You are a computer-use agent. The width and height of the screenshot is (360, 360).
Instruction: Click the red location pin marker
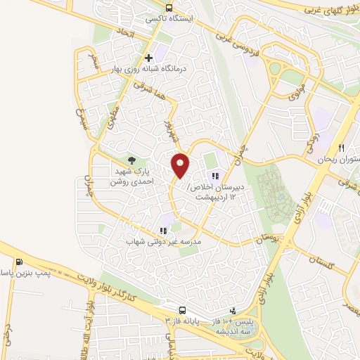181,165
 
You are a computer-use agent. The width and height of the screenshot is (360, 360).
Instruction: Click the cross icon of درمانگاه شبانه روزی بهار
148,58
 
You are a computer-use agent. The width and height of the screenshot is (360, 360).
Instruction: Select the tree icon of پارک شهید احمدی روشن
131,160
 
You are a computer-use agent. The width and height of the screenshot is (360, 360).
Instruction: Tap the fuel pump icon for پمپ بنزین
18,263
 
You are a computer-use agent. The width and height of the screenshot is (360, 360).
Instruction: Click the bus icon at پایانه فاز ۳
183,310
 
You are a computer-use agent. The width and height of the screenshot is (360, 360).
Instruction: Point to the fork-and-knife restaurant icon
342,148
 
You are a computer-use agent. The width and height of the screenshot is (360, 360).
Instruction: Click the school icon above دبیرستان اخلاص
214,176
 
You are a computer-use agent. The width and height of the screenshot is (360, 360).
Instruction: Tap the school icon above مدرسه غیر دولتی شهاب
164,230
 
